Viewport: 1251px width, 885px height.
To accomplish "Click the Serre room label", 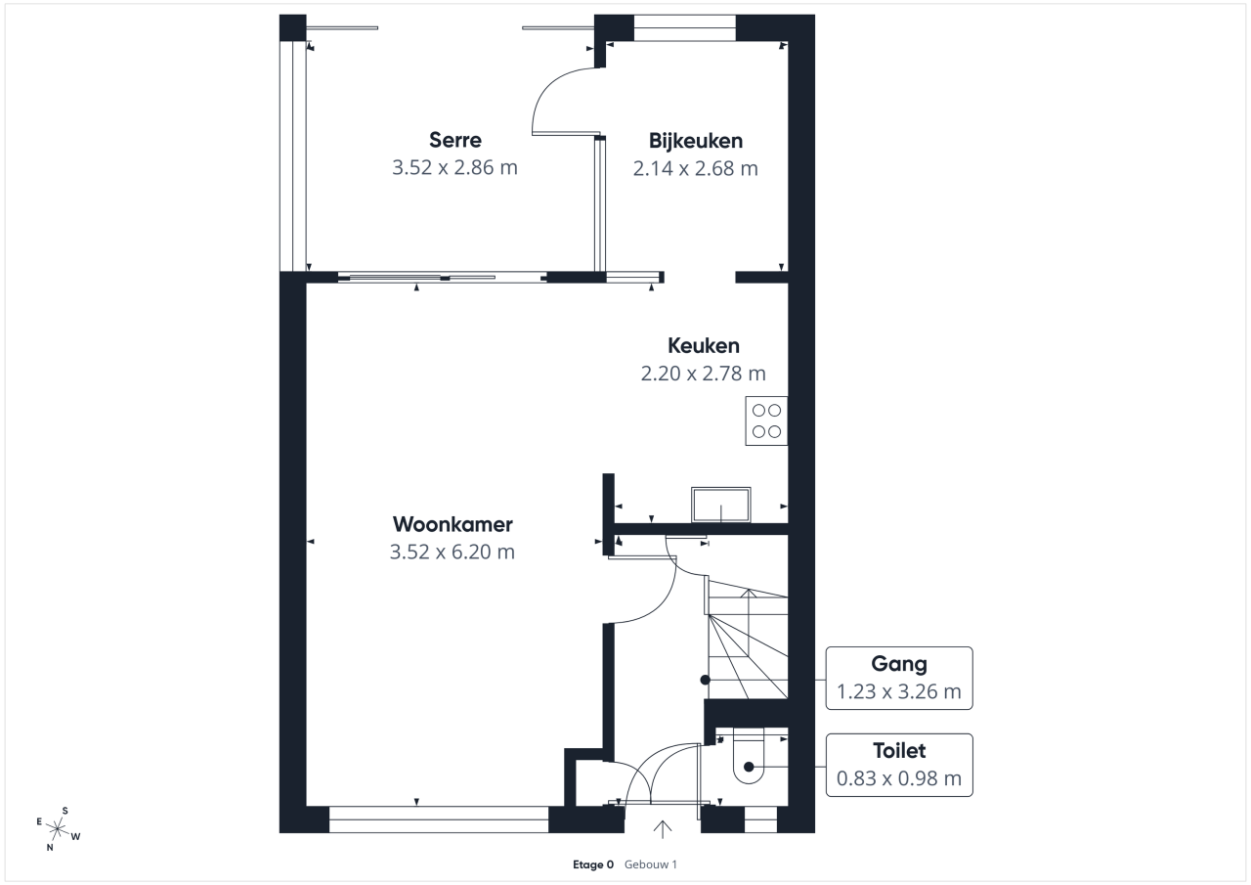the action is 455,140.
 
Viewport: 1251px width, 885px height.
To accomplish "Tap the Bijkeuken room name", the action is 695,141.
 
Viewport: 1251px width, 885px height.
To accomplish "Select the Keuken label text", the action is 703,346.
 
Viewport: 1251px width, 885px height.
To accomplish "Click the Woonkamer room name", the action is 453,524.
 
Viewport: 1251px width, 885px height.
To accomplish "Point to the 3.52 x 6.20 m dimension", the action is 453,552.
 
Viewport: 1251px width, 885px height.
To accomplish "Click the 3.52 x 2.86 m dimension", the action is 454,167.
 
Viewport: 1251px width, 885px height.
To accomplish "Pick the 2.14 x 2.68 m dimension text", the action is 695,169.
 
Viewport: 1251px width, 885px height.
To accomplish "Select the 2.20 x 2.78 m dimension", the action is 703,374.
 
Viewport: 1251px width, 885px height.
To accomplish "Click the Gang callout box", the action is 899,679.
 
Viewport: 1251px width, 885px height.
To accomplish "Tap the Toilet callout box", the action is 899,765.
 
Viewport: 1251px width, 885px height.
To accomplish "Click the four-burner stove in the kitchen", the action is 766,420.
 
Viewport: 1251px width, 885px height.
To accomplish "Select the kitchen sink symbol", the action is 721,505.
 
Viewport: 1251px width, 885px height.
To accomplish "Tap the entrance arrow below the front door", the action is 663,829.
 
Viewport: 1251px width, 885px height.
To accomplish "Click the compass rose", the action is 57,829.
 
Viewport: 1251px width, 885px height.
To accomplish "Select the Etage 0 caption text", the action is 593,864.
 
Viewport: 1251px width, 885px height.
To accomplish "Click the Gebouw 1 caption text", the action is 651,864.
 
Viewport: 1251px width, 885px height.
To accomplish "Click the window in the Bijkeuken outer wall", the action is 685,28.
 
